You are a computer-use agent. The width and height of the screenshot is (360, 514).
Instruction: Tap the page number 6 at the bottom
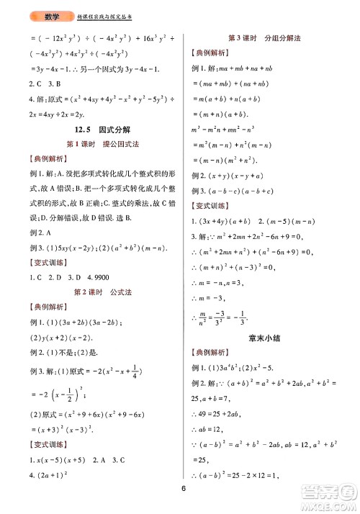point(184,492)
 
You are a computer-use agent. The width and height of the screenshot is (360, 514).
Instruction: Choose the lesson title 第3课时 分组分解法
point(264,38)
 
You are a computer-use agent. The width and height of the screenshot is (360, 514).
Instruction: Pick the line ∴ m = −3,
point(209,297)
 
